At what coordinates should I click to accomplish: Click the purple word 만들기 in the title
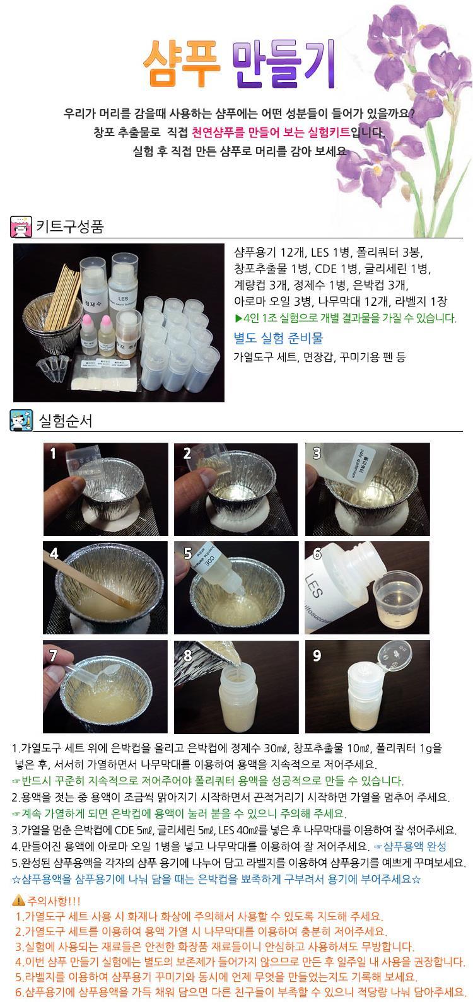click(284, 64)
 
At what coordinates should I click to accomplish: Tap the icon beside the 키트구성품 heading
click(21, 226)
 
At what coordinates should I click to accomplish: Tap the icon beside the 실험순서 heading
click(21, 421)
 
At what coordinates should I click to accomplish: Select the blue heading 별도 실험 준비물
click(278, 338)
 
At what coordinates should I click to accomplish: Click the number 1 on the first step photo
click(53, 453)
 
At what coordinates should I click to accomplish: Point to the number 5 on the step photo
click(187, 554)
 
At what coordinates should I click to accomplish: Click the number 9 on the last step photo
click(317, 656)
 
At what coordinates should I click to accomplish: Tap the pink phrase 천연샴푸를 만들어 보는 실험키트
click(271, 132)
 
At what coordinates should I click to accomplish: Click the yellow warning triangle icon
click(18, 900)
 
